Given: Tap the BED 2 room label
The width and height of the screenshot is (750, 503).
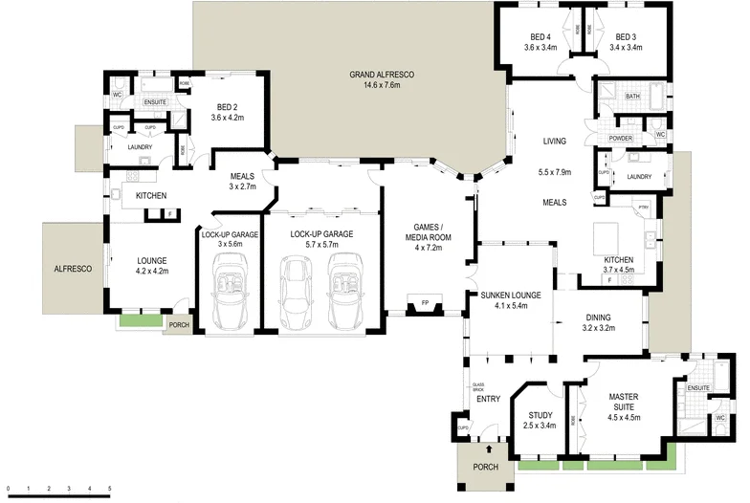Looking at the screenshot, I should [228, 106].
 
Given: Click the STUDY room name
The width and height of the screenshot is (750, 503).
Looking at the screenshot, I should [540, 415].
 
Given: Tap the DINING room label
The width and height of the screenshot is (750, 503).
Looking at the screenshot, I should [599, 317].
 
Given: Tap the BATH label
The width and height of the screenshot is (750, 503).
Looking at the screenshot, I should [632, 97].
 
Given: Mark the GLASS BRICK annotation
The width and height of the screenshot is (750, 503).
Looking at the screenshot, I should [478, 389].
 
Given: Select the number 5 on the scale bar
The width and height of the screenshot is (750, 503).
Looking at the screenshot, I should [110, 490].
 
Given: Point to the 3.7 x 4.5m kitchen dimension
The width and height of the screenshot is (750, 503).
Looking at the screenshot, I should [618, 270].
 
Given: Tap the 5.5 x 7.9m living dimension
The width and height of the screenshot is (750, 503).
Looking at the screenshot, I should [555, 172].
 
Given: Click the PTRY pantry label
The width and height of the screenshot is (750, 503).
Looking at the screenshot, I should [643, 208].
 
